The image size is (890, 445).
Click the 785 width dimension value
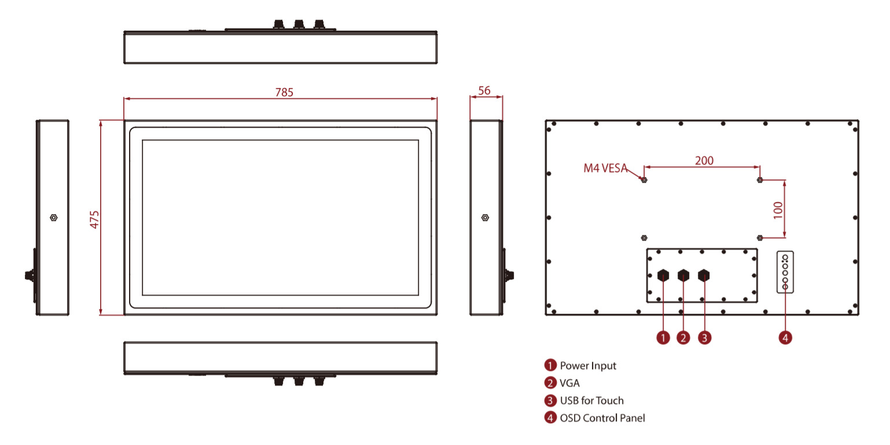(x=284, y=92)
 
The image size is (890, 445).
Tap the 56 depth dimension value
(x=485, y=90)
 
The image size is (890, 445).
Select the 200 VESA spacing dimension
(x=704, y=160)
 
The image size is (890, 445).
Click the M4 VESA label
(x=605, y=169)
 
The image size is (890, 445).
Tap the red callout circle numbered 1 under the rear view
(x=663, y=337)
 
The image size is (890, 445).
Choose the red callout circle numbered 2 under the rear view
(x=683, y=337)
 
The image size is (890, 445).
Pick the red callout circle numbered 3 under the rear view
(x=704, y=337)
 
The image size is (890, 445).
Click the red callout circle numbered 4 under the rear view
(x=785, y=337)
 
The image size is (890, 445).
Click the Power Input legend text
(x=588, y=366)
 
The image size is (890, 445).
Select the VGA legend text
(x=569, y=383)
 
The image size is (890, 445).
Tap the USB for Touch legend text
(x=591, y=400)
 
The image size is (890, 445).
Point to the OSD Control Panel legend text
(x=602, y=418)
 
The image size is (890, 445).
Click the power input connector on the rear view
(x=663, y=275)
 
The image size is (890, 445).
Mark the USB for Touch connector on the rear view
(x=704, y=275)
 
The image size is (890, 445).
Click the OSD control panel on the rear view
(x=785, y=271)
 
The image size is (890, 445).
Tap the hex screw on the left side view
(x=54, y=218)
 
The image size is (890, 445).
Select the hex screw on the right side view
(x=485, y=218)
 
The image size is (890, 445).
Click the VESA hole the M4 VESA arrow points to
(x=643, y=180)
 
